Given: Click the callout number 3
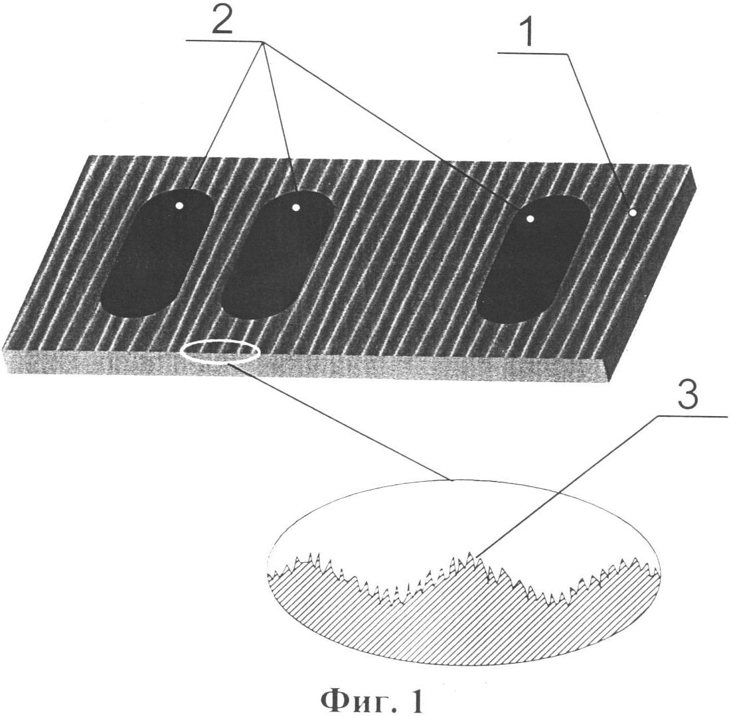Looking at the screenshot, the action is pos(688,396).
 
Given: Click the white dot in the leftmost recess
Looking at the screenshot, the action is pos(179,206).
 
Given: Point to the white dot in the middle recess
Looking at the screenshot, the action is pos(296,208).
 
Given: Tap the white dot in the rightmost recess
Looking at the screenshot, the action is pos(530,218).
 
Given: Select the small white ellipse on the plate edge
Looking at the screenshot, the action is pos(220,352).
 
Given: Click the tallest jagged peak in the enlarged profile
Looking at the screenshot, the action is pos(470,555).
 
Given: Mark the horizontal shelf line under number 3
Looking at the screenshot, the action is pos(690,417).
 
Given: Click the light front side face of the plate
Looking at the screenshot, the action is pos(398,369).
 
